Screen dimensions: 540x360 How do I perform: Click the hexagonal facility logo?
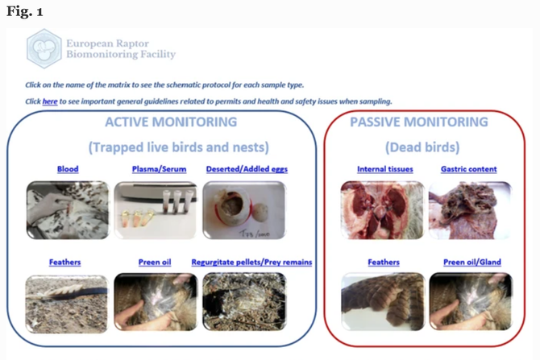point(44,48)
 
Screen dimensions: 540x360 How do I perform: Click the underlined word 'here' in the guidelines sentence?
point(50,101)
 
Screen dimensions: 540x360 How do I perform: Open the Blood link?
point(68,169)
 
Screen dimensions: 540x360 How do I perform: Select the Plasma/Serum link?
point(159,169)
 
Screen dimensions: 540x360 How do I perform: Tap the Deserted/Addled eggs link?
point(247,169)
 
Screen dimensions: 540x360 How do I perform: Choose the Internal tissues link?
point(385,169)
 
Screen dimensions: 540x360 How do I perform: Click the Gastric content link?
point(469,169)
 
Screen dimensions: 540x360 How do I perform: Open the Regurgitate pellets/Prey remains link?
point(251,263)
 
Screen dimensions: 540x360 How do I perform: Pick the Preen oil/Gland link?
point(472,263)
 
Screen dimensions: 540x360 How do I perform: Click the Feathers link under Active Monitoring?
point(64,263)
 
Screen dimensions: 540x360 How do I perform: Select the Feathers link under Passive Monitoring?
point(384,263)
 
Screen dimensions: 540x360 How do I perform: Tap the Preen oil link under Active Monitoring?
point(155,263)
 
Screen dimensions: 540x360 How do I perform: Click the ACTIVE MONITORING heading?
point(171,122)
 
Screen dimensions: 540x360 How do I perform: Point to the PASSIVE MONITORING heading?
point(419,122)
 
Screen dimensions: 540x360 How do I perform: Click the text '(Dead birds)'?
point(422,147)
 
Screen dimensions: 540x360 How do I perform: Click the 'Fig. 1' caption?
point(24,12)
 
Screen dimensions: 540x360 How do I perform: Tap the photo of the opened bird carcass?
point(383,210)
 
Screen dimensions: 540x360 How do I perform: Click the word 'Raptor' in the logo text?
point(133,43)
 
